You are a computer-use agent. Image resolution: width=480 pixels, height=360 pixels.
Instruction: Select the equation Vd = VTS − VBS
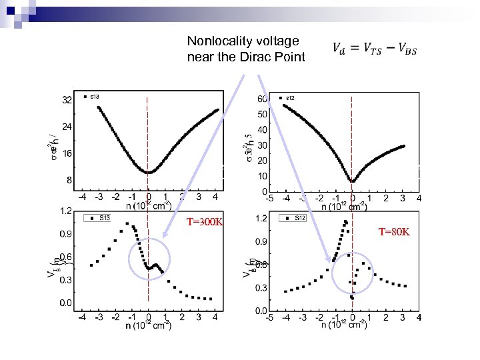374,49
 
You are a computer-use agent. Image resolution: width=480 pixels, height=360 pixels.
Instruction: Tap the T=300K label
205,221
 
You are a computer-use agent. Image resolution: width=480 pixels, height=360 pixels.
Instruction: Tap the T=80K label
394,232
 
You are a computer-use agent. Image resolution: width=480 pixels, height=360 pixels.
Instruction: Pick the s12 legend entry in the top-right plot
291,98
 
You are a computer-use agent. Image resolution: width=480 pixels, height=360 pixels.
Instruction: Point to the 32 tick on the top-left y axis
67,101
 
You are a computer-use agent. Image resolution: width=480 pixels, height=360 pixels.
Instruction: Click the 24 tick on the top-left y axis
67,127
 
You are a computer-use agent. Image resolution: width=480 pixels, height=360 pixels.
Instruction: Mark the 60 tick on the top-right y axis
263,99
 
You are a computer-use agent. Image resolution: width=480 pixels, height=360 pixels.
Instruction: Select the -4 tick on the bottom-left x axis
81,317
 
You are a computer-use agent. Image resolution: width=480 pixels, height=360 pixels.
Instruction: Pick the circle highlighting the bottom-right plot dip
354,274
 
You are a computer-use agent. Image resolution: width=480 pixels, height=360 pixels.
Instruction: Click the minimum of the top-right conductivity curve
352,181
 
